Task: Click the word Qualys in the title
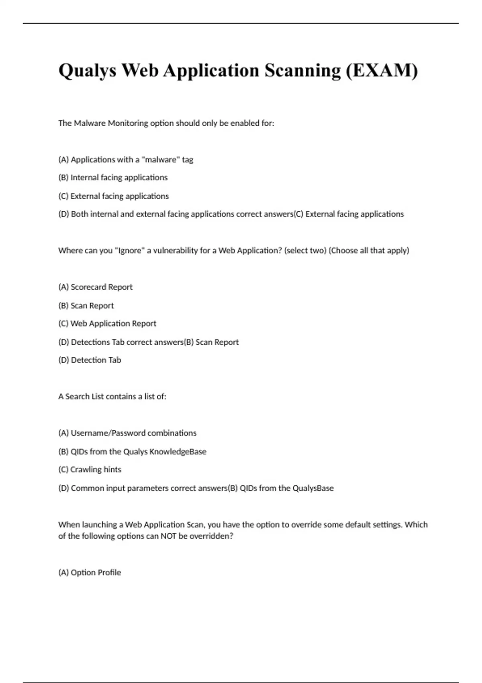coord(87,71)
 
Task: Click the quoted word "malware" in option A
coord(161,160)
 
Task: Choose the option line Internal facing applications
coord(113,178)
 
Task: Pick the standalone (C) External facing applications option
coord(114,196)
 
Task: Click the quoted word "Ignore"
coord(130,251)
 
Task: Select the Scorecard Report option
coord(96,287)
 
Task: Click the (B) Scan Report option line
coord(86,306)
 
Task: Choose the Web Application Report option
coord(107,324)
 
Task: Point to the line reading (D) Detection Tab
coord(90,360)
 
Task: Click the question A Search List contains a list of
coord(112,397)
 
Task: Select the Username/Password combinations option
coord(127,433)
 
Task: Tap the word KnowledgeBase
coord(178,452)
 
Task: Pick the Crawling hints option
coord(90,470)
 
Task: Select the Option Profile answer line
coord(90,573)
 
